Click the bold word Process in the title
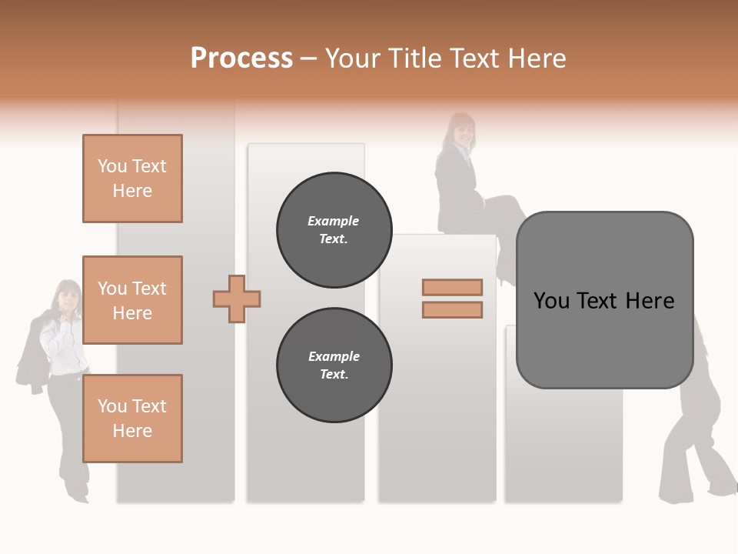pyautogui.click(x=241, y=58)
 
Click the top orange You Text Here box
pyautogui.click(x=132, y=179)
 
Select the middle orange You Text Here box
pyautogui.click(x=132, y=300)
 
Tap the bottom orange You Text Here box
pyautogui.click(x=132, y=419)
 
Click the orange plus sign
pyautogui.click(x=237, y=299)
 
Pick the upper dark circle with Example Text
pyautogui.click(x=334, y=230)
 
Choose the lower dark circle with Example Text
pyautogui.click(x=334, y=365)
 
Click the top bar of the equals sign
pyautogui.click(x=452, y=287)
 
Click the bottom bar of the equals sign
pyautogui.click(x=452, y=309)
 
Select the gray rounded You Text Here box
pyautogui.click(x=604, y=339)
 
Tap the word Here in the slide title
pyautogui.click(x=535, y=58)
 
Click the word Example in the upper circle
pyautogui.click(x=334, y=221)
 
